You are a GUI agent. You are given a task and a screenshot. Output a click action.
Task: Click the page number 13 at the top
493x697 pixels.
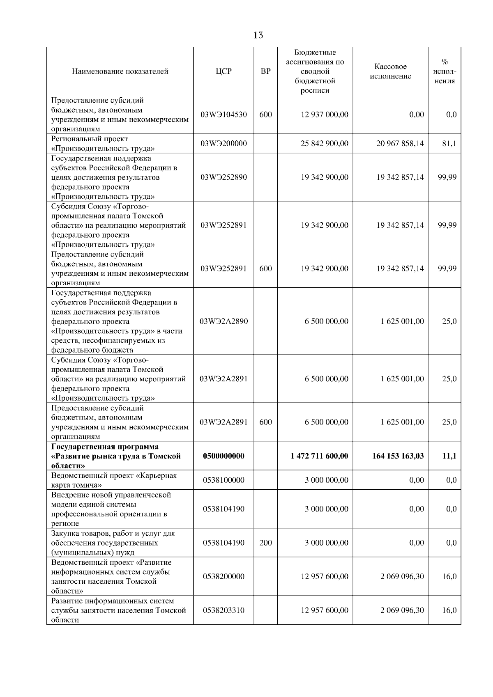click(258, 35)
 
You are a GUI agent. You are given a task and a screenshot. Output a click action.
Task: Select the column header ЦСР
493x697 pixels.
click(223, 71)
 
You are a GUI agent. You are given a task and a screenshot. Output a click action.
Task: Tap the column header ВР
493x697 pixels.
click(266, 71)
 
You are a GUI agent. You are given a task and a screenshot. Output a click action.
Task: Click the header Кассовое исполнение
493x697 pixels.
click(390, 71)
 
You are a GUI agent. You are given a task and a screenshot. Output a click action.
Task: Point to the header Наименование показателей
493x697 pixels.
click(120, 71)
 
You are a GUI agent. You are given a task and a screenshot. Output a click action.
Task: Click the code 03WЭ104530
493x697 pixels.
click(223, 115)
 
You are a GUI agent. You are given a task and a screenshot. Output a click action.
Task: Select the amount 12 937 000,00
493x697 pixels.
click(325, 115)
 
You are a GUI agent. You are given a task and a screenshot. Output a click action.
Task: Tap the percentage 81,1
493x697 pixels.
click(449, 144)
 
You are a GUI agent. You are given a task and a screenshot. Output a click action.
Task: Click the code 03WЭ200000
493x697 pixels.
click(223, 144)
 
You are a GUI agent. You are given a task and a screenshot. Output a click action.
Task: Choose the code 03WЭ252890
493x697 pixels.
click(223, 177)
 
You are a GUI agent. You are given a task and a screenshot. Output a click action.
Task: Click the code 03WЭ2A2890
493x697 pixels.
click(223, 321)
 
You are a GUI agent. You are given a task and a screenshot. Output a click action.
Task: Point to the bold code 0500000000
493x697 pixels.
click(223, 456)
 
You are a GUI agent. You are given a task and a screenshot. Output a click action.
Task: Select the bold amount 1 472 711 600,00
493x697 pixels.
click(319, 456)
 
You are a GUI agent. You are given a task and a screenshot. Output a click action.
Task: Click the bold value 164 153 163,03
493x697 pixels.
click(398, 456)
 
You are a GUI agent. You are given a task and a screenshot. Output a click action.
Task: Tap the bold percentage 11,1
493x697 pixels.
click(449, 456)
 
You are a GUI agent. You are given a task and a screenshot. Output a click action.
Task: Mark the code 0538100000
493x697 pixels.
click(223, 480)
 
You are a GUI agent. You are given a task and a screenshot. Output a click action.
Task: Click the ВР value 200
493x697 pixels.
click(266, 543)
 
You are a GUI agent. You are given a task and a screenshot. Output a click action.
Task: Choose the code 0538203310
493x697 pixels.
click(223, 610)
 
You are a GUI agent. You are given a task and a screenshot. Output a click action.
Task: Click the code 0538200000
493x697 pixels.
click(223, 577)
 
